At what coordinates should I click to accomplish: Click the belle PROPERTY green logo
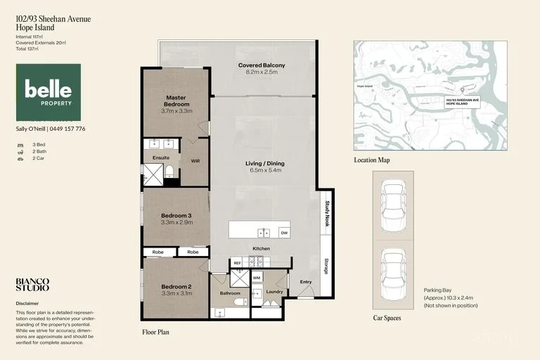click(48, 92)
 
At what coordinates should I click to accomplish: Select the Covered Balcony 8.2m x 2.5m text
click(262, 69)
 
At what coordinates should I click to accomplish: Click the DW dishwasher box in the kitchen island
click(283, 233)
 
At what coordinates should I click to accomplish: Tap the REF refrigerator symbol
click(237, 263)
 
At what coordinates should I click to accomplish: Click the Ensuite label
click(161, 158)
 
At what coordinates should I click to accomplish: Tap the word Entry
click(305, 282)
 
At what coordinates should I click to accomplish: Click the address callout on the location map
click(462, 102)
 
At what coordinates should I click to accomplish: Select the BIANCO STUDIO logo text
click(32, 284)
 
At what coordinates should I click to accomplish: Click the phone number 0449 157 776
click(67, 129)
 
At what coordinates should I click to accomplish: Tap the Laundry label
click(274, 291)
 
